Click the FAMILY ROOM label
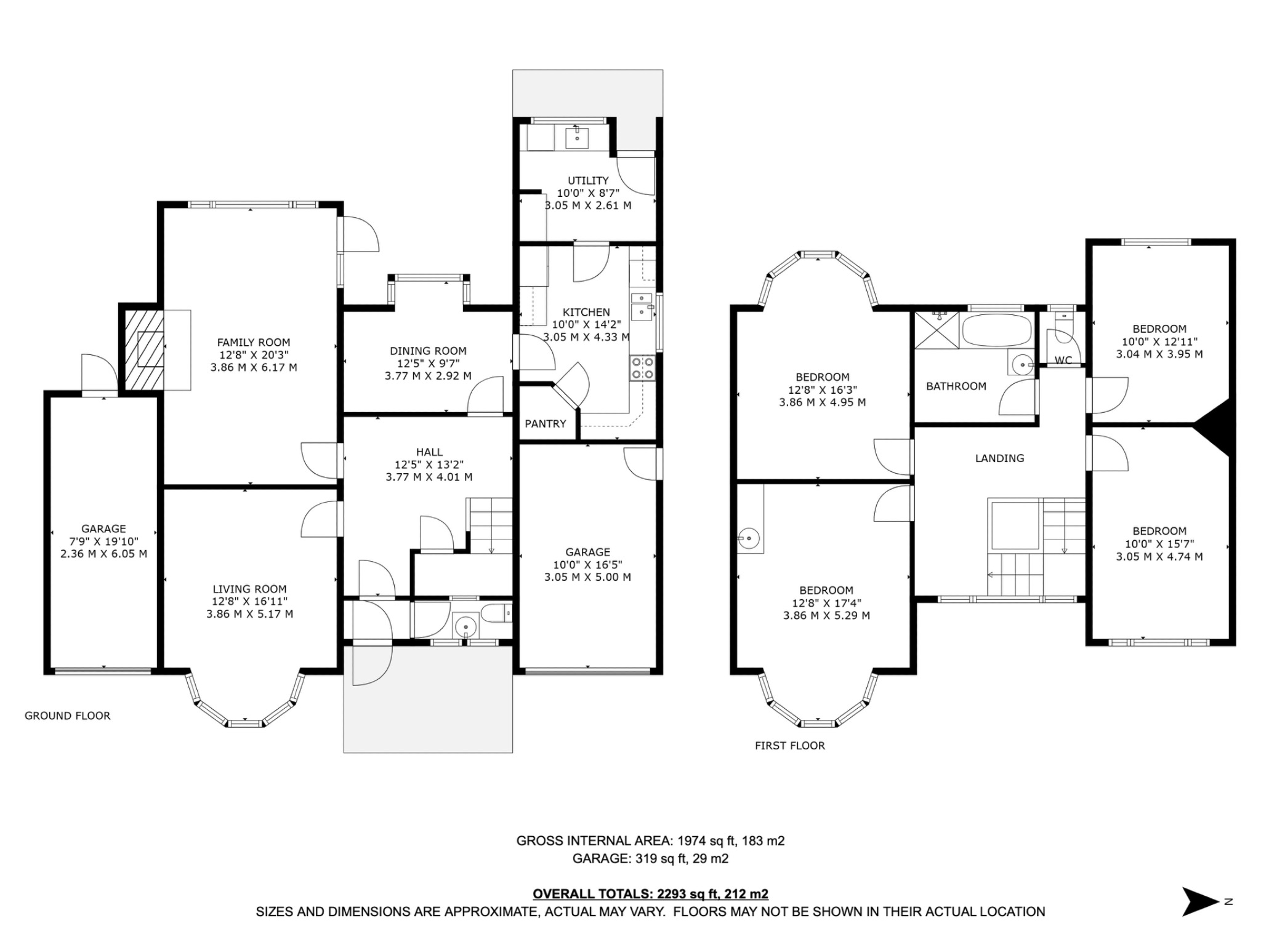pyautogui.click(x=253, y=342)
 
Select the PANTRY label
pyautogui.click(x=545, y=424)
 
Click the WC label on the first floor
pyautogui.click(x=1063, y=361)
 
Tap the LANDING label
pyautogui.click(x=999, y=458)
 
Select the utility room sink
pyautogui.click(x=577, y=137)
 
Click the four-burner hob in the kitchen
pyautogui.click(x=642, y=368)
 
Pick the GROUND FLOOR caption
pyautogui.click(x=68, y=716)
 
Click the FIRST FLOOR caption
pyautogui.click(x=790, y=746)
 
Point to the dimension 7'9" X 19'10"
pyautogui.click(x=103, y=541)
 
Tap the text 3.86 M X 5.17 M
pyautogui.click(x=249, y=614)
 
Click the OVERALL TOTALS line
pyautogui.click(x=650, y=894)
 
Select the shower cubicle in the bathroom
pyautogui.click(x=936, y=330)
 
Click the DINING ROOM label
pyautogui.click(x=428, y=351)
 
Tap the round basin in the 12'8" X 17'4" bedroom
pyautogui.click(x=749, y=538)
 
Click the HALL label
pyautogui.click(x=429, y=452)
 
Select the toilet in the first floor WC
pyautogui.click(x=1063, y=323)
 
